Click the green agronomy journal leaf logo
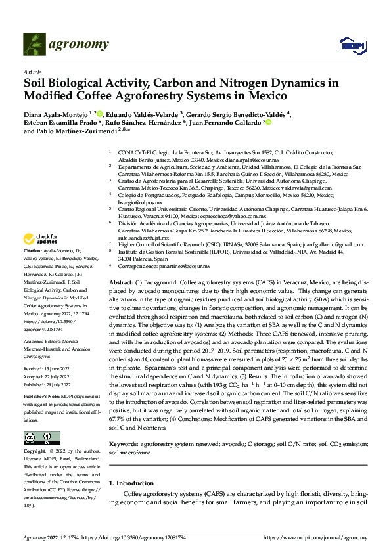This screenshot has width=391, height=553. (35, 45)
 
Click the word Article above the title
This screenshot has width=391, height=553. (32, 72)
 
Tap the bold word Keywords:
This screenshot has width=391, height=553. (124, 444)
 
